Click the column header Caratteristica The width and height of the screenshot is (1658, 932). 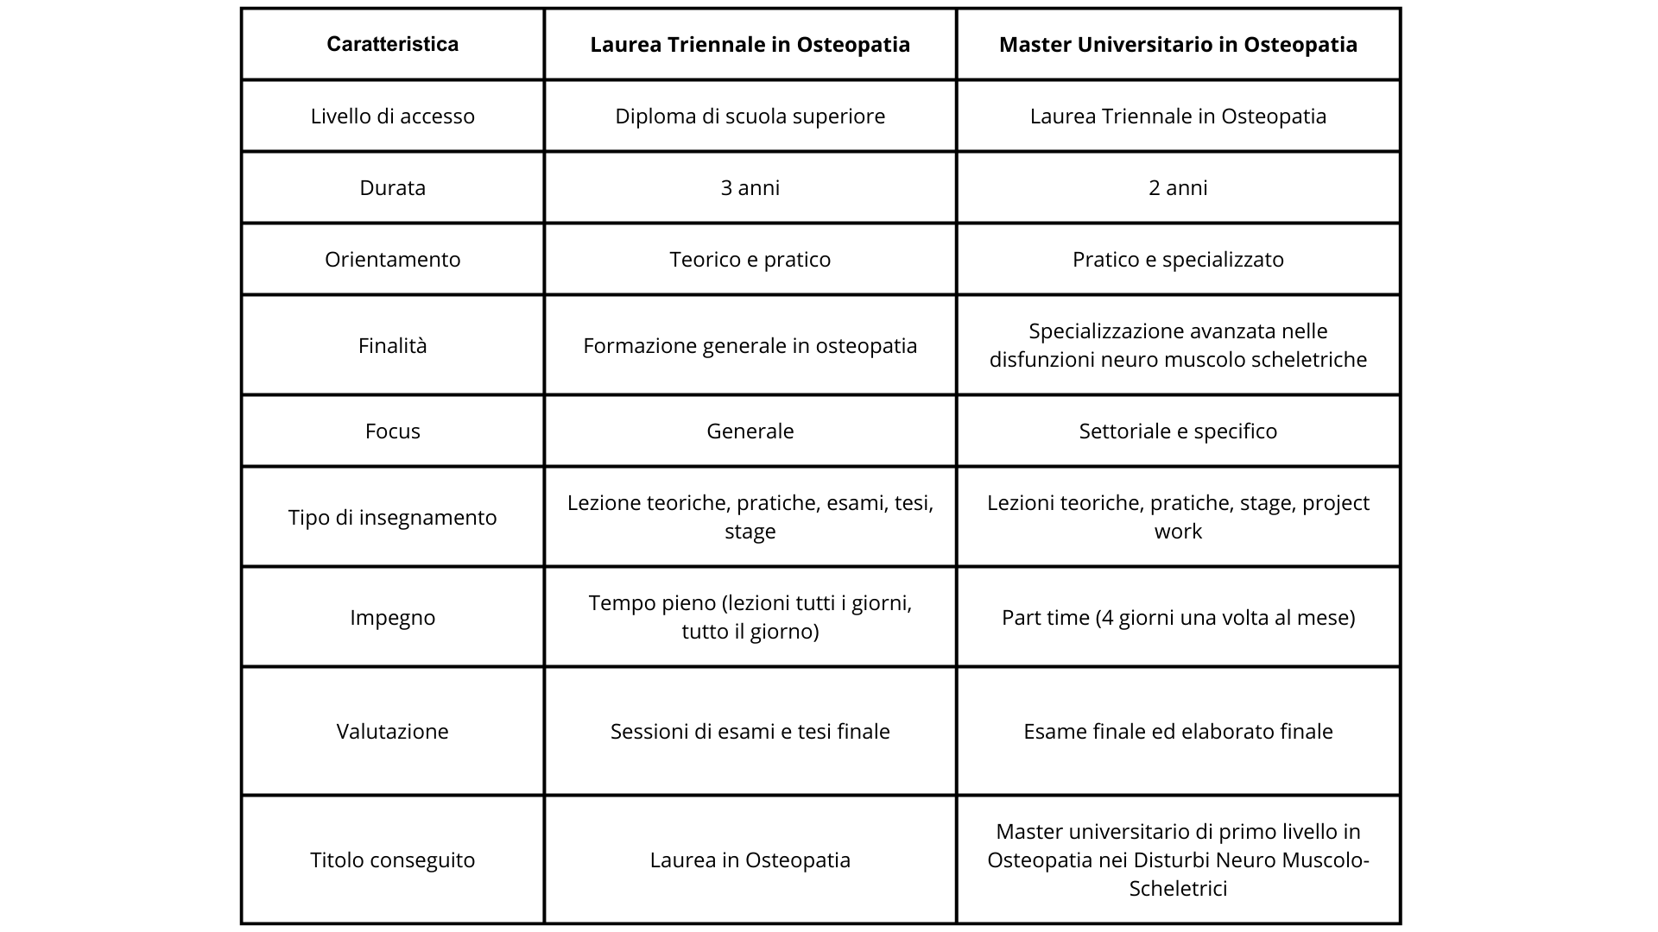[392, 45]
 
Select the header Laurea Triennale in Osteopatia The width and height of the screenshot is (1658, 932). [750, 45]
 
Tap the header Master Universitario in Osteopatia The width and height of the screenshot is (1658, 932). [1178, 45]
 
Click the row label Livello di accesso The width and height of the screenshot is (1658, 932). [392, 116]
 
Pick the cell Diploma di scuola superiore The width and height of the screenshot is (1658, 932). [750, 116]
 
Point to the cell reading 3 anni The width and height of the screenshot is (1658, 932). [750, 188]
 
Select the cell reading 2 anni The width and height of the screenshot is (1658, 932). [1178, 188]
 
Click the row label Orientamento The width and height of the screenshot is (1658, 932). [392, 260]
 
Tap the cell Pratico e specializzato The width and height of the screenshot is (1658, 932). [1178, 260]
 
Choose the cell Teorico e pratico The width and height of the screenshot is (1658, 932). [750, 260]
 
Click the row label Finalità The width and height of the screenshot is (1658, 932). [392, 346]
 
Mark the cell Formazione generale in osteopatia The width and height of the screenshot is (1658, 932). [750, 346]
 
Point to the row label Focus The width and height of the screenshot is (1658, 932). [392, 431]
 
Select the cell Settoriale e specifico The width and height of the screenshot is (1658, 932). [1178, 431]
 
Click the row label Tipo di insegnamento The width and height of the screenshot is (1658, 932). [392, 518]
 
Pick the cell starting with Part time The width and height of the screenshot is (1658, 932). [1178, 618]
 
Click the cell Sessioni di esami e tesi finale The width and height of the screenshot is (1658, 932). [750, 732]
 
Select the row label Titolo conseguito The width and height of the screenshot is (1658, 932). [392, 860]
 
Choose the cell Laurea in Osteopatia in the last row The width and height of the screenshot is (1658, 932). [750, 860]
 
